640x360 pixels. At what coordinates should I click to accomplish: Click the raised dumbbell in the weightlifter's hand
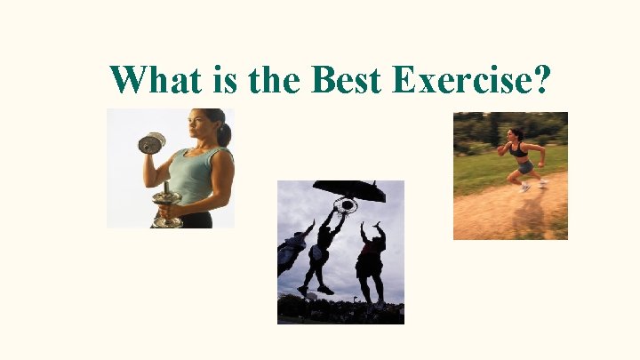pos(152,143)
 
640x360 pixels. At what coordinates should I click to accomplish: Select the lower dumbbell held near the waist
pos(166,206)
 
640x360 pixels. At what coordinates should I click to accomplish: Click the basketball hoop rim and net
pos(345,206)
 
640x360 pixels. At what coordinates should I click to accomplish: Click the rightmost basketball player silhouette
pos(371,258)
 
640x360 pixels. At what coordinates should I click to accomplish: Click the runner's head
pos(515,134)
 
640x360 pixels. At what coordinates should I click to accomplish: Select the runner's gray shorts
pos(525,166)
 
